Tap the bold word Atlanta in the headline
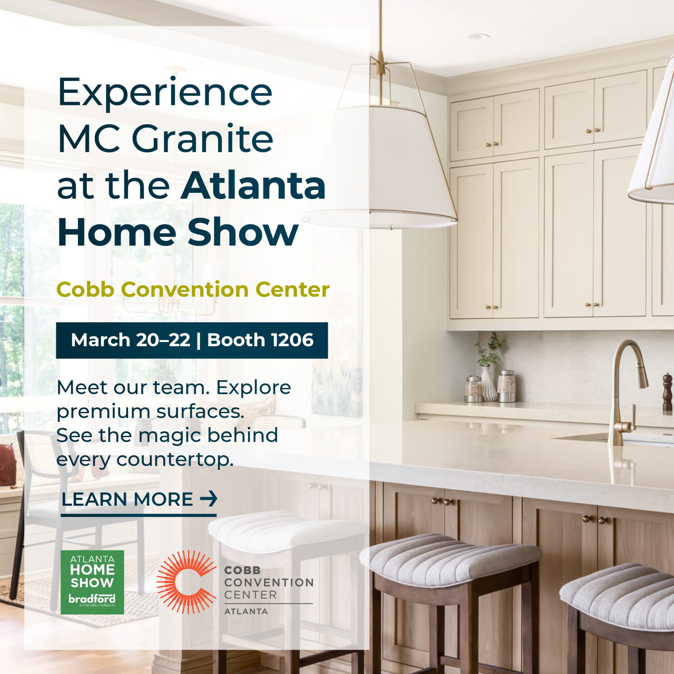click(x=253, y=185)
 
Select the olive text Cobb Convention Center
click(x=193, y=290)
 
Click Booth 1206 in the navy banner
click(x=260, y=340)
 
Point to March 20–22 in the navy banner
click(x=131, y=340)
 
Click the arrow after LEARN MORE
click(x=209, y=498)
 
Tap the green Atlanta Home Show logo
click(x=92, y=582)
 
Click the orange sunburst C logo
click(x=186, y=582)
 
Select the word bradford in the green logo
click(x=92, y=599)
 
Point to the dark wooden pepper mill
click(x=667, y=392)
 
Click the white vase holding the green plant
click(x=489, y=384)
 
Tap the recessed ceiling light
click(x=478, y=36)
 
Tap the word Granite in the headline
click(x=202, y=139)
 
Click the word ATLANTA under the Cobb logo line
click(x=246, y=611)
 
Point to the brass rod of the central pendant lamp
click(x=380, y=35)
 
